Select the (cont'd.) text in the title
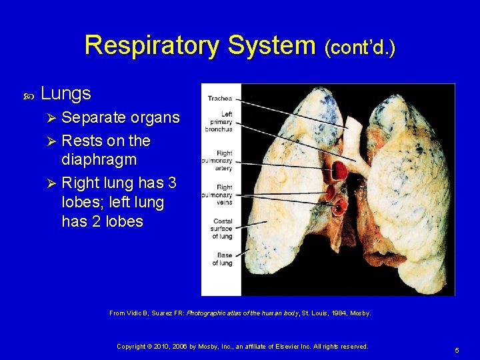tap(359, 48)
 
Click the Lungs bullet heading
tap(66, 94)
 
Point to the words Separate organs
tap(120, 118)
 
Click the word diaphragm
tap(99, 161)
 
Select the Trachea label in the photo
tap(219, 99)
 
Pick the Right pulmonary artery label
tap(221, 161)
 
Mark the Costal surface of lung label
tap(222, 229)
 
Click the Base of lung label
tap(222, 259)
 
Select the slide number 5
tap(457, 350)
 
